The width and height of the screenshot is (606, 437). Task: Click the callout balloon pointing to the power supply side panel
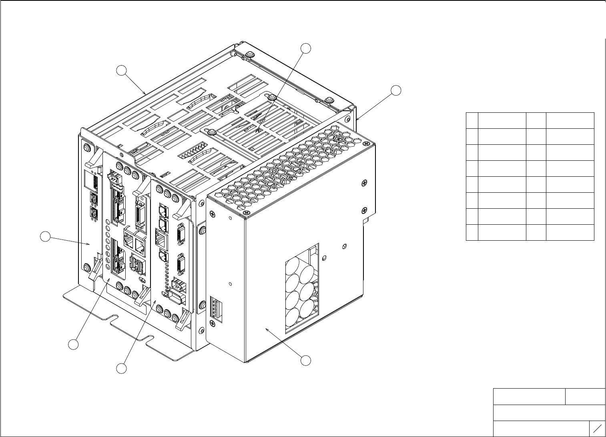point(306,360)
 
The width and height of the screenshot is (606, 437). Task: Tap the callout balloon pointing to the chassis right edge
point(396,90)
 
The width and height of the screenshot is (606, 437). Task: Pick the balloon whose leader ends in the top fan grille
point(306,48)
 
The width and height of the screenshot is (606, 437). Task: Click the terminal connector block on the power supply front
point(215,307)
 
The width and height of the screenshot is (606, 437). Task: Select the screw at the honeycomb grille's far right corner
point(366,143)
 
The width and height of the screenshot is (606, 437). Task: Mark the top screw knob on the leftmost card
point(86,148)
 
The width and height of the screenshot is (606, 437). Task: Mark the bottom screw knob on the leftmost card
point(86,267)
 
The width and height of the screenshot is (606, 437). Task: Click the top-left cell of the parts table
point(472,120)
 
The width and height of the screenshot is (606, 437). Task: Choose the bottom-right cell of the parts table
point(570,232)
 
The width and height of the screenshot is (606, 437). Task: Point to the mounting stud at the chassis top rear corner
point(249,54)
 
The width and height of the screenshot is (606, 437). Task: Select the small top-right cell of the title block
point(585,396)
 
